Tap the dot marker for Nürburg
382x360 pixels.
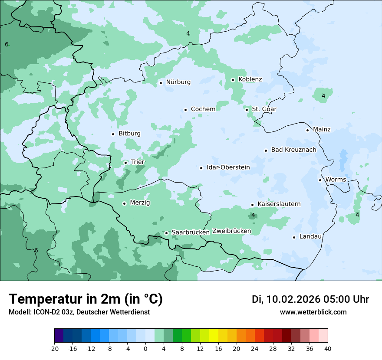[x=161, y=82]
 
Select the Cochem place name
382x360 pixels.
[x=203, y=109]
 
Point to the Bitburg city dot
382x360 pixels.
[x=113, y=134]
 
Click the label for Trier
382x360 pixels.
[x=138, y=162]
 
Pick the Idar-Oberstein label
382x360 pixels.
[x=228, y=167]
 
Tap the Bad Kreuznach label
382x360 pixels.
[x=293, y=150]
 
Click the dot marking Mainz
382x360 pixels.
[x=307, y=130]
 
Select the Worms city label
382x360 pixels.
[x=336, y=180]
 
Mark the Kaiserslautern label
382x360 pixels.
[x=279, y=204]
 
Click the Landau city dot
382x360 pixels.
[x=294, y=237]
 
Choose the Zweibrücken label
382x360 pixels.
[x=231, y=231]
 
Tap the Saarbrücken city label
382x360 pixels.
[x=191, y=232]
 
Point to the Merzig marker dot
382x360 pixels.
[x=124, y=203]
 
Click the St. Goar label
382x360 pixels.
[x=264, y=109]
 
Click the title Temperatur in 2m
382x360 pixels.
[x=86, y=299]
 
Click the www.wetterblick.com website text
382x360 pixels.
[x=313, y=312]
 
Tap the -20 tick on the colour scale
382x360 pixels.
[x=54, y=348]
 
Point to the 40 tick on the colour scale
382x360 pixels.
[x=327, y=348]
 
